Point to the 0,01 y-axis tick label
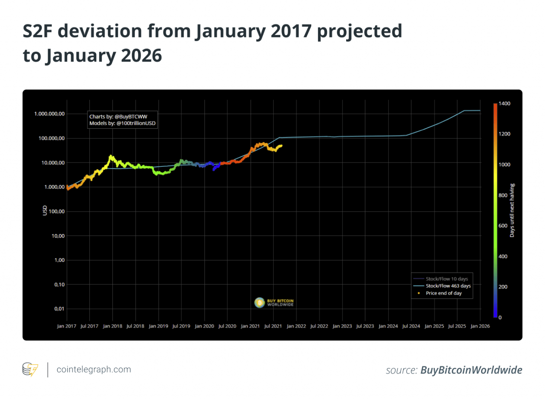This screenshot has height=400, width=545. tap(58, 309)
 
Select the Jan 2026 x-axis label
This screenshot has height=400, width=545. tap(479, 326)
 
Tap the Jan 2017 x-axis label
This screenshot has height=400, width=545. tap(66, 326)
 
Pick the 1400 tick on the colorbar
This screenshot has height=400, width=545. tap(505, 104)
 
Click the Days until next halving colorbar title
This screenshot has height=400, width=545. tap(512, 210)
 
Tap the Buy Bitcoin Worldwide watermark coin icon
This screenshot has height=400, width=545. tap(259, 303)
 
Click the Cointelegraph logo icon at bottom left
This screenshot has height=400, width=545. tap(30, 369)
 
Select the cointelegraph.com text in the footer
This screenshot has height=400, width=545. tap(94, 369)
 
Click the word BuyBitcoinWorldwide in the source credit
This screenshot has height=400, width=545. tap(471, 370)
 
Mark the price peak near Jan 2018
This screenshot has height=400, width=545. tap(111, 156)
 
